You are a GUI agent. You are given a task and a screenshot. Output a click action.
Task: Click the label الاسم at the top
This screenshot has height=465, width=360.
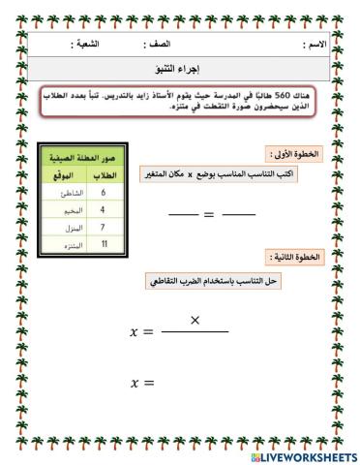(315, 45)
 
